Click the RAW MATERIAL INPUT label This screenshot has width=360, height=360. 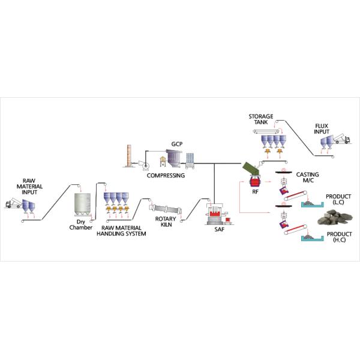click(29, 187)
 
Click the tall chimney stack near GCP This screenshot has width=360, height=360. click(128, 158)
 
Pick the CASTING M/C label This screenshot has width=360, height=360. click(308, 178)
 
